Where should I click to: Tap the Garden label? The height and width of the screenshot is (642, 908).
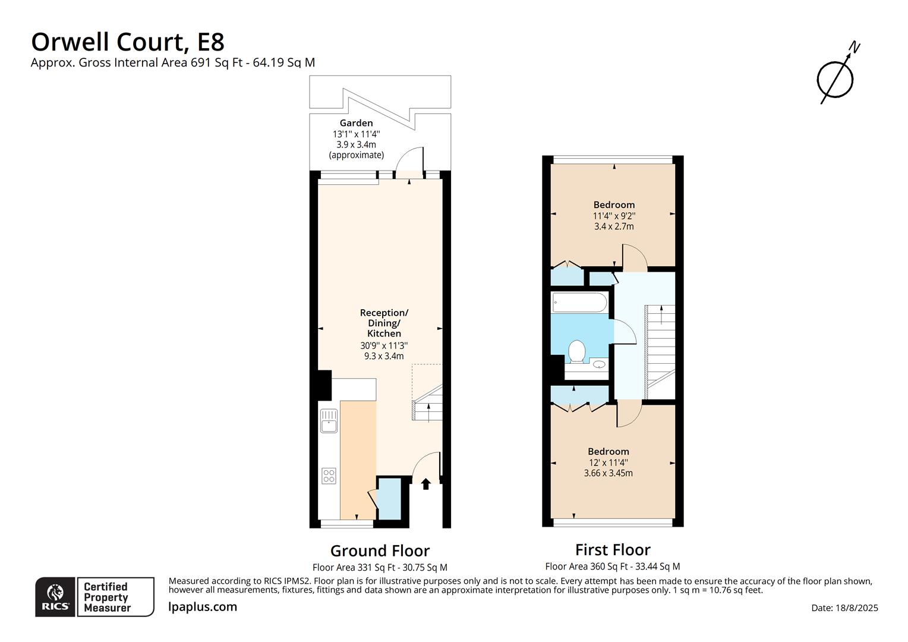point(356,123)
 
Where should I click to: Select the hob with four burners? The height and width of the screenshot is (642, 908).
point(329,476)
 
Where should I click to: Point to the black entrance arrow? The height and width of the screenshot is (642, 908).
point(425,484)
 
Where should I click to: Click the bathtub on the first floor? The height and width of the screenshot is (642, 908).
point(579,303)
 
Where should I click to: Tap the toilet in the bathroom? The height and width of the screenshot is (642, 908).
point(576,351)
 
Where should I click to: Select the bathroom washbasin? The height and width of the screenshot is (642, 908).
point(599,364)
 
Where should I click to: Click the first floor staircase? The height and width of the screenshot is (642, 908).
point(660,351)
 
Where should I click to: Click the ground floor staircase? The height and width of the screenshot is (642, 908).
point(428,404)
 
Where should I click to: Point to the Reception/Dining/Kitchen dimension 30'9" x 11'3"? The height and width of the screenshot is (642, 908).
point(384,345)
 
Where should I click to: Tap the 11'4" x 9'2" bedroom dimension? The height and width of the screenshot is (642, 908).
point(614,216)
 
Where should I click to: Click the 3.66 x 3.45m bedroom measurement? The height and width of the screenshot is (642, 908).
point(608,473)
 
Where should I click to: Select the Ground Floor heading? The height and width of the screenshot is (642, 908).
point(380,550)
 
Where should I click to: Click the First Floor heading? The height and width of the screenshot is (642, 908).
point(613,549)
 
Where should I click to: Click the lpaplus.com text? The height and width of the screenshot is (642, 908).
point(203,607)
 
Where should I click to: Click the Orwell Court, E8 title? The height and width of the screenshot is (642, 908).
point(128,42)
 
